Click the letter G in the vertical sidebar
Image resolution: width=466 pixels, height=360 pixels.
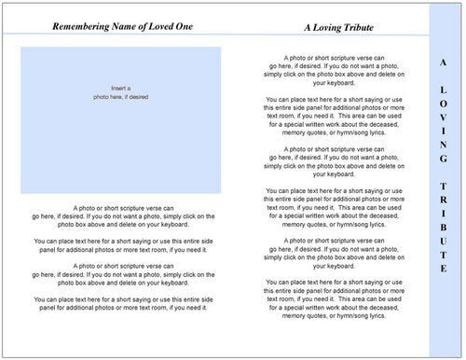click(x=443, y=163)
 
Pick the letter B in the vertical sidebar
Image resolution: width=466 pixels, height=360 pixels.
click(x=443, y=231)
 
